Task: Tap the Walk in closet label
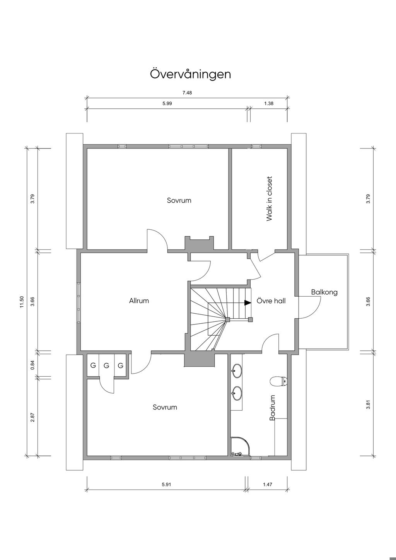click(x=269, y=199)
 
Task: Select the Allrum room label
click(x=139, y=301)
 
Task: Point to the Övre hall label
click(x=271, y=301)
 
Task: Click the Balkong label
click(x=324, y=292)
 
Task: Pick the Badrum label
click(x=272, y=408)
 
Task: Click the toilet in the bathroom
click(x=279, y=381)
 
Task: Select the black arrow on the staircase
click(x=247, y=303)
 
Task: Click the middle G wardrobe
click(x=106, y=366)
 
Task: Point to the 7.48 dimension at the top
click(x=187, y=93)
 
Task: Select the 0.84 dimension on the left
click(x=32, y=365)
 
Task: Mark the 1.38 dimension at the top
click(x=269, y=103)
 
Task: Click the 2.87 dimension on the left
click(x=32, y=417)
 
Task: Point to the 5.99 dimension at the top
click(x=167, y=103)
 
